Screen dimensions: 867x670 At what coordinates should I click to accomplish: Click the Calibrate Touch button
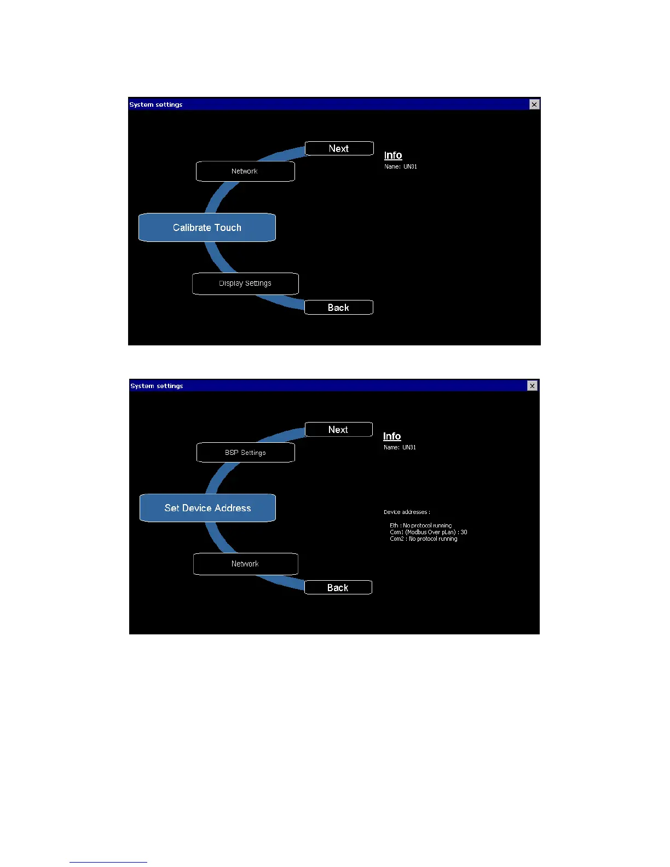pyautogui.click(x=207, y=228)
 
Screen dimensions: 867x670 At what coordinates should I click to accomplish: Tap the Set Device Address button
pyautogui.click(x=207, y=508)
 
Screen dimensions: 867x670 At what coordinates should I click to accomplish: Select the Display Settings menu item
pyautogui.click(x=245, y=284)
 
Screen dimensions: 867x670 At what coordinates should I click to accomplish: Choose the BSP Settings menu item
pyautogui.click(x=245, y=453)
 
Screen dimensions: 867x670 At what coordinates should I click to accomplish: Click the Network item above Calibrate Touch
pyautogui.click(x=245, y=171)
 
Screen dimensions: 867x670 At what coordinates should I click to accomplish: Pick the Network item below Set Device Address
pyautogui.click(x=245, y=564)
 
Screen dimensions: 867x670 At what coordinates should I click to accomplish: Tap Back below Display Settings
pyautogui.click(x=338, y=308)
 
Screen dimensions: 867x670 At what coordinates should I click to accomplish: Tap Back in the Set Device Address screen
pyautogui.click(x=338, y=588)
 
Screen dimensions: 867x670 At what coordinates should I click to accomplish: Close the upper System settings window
pyautogui.click(x=534, y=105)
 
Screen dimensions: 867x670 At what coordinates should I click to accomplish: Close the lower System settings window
pyautogui.click(x=532, y=386)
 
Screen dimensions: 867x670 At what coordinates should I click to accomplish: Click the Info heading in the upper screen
pyautogui.click(x=393, y=155)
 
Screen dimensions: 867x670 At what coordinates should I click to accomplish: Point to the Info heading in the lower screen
pyautogui.click(x=392, y=436)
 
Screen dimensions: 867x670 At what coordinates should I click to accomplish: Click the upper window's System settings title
pyautogui.click(x=156, y=105)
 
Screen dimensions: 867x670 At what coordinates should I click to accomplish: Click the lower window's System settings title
pyautogui.click(x=157, y=386)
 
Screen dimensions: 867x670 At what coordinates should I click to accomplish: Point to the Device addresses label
pyautogui.click(x=407, y=512)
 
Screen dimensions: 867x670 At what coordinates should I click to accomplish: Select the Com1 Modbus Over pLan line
pyautogui.click(x=428, y=532)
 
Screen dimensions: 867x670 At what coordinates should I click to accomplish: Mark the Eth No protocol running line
pyautogui.click(x=420, y=525)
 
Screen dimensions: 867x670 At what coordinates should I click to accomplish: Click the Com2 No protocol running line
pyautogui.click(x=423, y=539)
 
